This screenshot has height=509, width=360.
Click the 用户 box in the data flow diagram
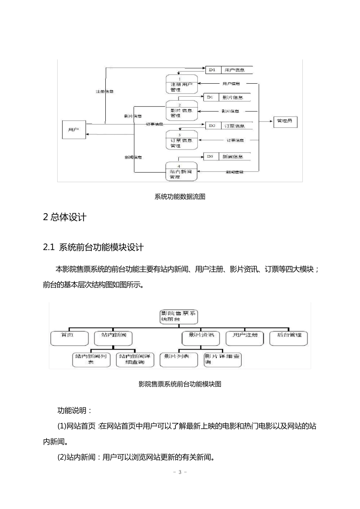coord(74,130)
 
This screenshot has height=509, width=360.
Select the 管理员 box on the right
coord(285,121)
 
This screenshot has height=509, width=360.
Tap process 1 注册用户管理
coord(182,84)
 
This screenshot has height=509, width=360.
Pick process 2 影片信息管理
coord(182,111)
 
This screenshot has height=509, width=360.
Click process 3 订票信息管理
coord(182,140)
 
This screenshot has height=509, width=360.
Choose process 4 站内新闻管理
coord(182,172)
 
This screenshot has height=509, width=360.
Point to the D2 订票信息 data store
coord(229,126)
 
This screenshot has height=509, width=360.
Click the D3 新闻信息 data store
coord(228,156)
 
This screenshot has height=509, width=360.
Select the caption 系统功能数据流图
coord(180,197)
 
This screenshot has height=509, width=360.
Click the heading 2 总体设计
coord(65,217)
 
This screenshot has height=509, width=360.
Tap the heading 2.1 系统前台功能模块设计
coord(93,248)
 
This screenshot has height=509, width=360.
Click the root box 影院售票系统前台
coord(179,317)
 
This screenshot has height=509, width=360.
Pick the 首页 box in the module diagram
coord(69,338)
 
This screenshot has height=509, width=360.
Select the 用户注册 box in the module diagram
coord(245,338)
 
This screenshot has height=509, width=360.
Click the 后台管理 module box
coord(289,338)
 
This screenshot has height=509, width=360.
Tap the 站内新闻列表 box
coord(91,359)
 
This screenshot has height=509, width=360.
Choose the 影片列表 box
coord(179,359)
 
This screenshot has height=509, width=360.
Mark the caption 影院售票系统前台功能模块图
coord(180,384)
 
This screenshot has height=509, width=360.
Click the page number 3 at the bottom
coord(180,472)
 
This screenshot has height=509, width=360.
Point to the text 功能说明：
coord(74,411)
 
